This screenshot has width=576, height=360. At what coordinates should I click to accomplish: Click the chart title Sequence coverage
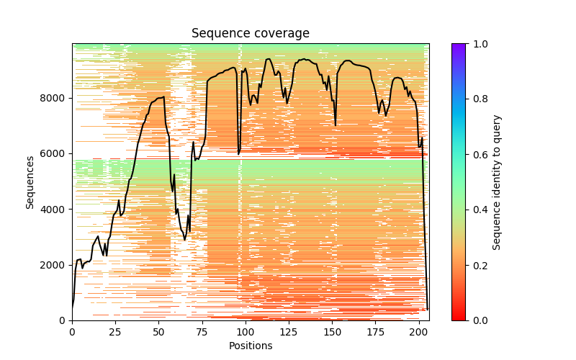pyautogui.click(x=250, y=34)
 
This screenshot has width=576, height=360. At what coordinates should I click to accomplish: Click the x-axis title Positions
pyautogui.click(x=250, y=346)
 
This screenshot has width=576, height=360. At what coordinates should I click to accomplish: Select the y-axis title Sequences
pyautogui.click(x=30, y=181)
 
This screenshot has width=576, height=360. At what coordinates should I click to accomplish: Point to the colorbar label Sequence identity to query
pyautogui.click(x=497, y=182)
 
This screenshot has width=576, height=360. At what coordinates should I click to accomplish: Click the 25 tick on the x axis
pyautogui.click(x=115, y=331)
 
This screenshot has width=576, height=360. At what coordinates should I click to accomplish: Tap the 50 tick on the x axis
pyautogui.click(x=159, y=331)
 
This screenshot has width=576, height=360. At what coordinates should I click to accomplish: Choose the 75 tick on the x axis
pyautogui.click(x=202, y=331)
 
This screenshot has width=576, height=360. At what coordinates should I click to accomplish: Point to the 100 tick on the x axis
pyautogui.click(x=246, y=331)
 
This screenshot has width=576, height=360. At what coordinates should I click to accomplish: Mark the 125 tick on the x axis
pyautogui.click(x=289, y=331)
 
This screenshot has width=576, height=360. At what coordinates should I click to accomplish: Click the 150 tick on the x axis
pyautogui.click(x=333, y=331)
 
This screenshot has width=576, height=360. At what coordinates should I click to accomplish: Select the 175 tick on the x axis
pyautogui.click(x=376, y=331)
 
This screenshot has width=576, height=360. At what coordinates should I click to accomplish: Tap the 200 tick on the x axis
pyautogui.click(x=419, y=331)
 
